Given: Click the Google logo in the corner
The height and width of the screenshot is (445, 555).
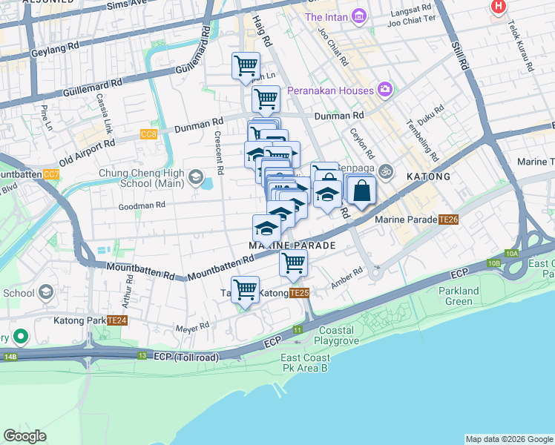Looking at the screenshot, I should (x=25, y=436).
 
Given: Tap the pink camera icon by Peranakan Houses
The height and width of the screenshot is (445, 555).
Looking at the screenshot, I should (x=385, y=90).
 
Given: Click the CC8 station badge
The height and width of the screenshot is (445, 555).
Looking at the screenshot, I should (x=148, y=134).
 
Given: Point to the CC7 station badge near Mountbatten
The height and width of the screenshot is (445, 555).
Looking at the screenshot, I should (x=51, y=175).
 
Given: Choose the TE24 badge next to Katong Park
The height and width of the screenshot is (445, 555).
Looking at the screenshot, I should (x=116, y=320).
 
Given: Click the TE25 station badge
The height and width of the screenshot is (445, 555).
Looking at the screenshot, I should (x=299, y=294).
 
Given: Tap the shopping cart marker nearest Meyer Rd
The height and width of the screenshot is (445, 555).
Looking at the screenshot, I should (x=245, y=290).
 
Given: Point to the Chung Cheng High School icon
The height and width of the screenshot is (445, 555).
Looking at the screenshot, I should (x=195, y=177).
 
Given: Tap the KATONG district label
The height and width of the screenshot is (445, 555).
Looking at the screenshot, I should (x=428, y=177).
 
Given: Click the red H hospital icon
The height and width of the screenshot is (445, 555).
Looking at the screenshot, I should (x=499, y=6).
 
